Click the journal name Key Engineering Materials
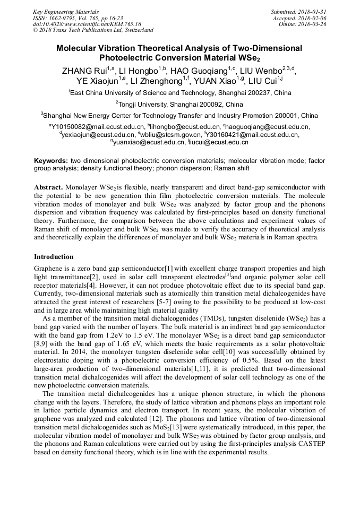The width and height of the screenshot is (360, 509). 66,11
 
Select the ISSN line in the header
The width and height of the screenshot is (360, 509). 78,18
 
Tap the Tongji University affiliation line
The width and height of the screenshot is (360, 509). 179,104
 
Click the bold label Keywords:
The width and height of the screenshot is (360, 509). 51,160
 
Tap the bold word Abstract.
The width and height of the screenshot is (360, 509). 49,188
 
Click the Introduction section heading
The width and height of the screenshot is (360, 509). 54,257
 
